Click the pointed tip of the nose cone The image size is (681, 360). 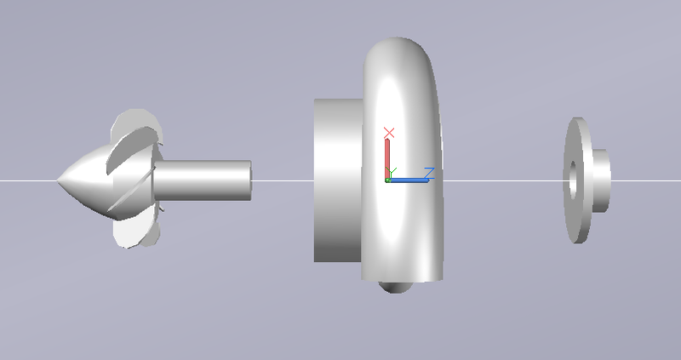click(x=59, y=180)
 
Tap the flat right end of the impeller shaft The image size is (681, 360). click(x=250, y=180)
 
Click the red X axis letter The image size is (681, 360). click(x=389, y=133)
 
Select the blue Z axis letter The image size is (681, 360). click(x=429, y=173)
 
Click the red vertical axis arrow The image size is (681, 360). click(x=387, y=157)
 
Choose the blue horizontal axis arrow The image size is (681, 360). click(x=409, y=180)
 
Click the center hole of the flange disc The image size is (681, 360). click(x=573, y=180)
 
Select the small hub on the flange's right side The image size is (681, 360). click(x=600, y=180)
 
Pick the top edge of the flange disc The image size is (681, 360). click(x=577, y=122)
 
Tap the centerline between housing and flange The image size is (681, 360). click(x=502, y=180)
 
